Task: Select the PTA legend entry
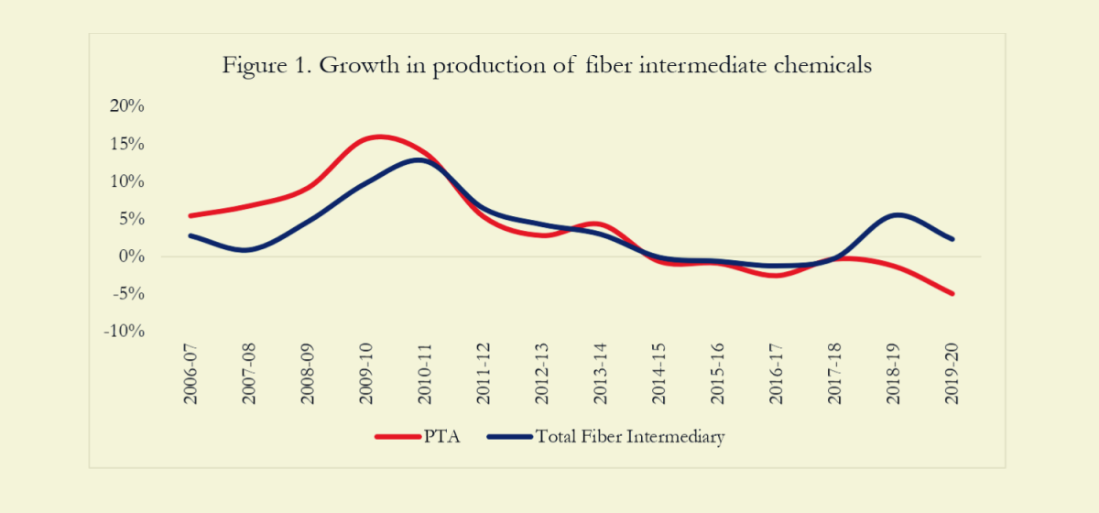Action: [x=418, y=437]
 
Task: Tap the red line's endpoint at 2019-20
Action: [x=952, y=293]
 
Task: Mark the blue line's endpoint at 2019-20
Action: [x=952, y=239]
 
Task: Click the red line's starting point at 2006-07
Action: [x=190, y=215]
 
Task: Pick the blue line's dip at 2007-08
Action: [x=247, y=249]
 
